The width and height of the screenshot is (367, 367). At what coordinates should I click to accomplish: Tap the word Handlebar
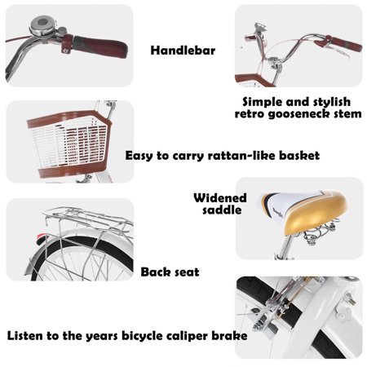click(x=183, y=51)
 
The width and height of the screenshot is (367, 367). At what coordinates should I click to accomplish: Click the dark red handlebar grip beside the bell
click(x=95, y=46)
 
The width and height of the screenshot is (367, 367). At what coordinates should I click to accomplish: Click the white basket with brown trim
click(x=70, y=144)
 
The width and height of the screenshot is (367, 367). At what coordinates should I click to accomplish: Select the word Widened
click(x=220, y=198)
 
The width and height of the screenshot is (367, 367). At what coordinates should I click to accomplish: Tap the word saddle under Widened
click(x=222, y=210)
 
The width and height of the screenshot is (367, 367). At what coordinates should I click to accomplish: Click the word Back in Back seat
click(x=155, y=272)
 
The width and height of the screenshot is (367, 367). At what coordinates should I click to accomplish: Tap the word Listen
click(x=25, y=336)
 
